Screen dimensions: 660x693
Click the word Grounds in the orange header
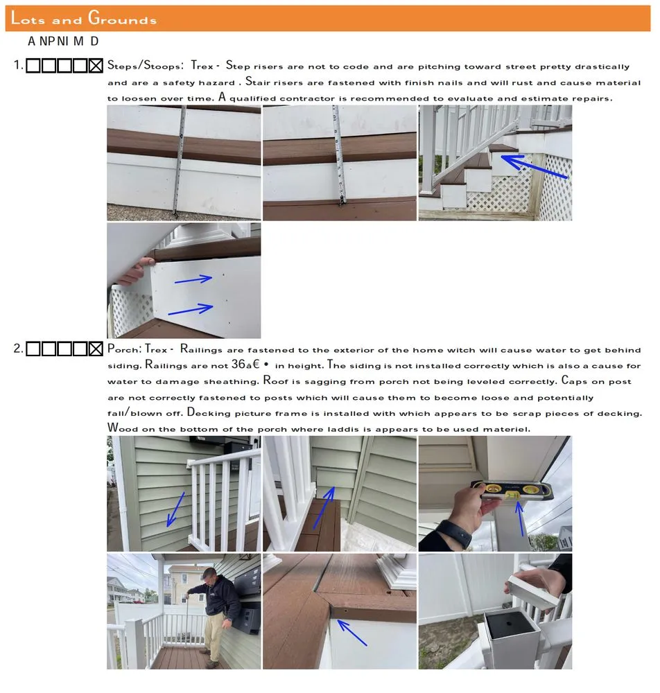[x=122, y=18]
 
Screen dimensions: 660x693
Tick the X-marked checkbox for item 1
[x=96, y=66]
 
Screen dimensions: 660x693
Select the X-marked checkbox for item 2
[x=96, y=349]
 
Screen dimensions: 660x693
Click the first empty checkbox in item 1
[x=33, y=66]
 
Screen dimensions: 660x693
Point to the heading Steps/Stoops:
[x=145, y=66]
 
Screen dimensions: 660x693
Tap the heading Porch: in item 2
[x=124, y=349]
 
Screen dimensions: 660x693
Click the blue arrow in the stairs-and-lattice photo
[x=534, y=166]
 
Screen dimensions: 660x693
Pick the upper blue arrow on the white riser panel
[x=193, y=279]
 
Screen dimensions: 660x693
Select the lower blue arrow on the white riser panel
[x=191, y=309]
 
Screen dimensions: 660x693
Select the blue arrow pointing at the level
[x=521, y=517]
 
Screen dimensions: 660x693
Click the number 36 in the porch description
[x=238, y=365]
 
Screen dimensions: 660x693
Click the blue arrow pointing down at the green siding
[x=175, y=509]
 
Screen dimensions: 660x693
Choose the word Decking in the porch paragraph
[x=209, y=413]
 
